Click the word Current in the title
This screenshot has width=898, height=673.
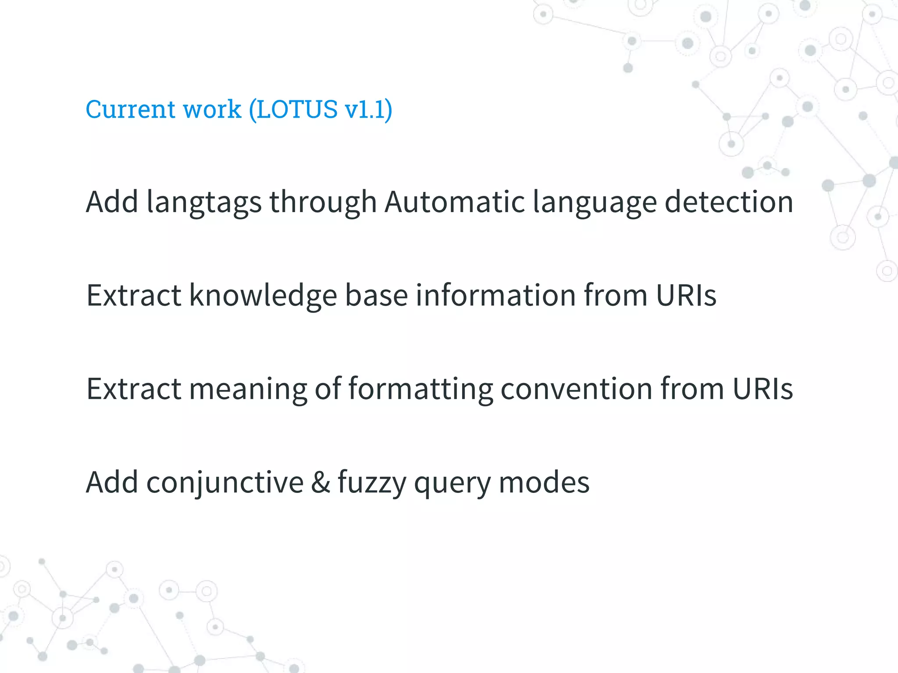tap(130, 109)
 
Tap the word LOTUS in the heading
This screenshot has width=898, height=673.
tap(297, 109)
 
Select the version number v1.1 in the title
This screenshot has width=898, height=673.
tap(365, 109)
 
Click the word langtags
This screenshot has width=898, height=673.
tap(204, 202)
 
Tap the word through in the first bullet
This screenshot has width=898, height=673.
tap(323, 202)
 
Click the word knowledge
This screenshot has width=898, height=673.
tap(263, 295)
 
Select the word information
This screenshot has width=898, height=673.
tap(495, 295)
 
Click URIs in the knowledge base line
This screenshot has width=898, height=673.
tap(686, 295)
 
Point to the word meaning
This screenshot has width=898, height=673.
tap(248, 389)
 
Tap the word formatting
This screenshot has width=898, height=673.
tap(420, 389)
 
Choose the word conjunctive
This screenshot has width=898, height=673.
tap(225, 482)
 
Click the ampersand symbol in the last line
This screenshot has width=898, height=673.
tap(321, 482)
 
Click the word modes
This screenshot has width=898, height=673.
tap(544, 482)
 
